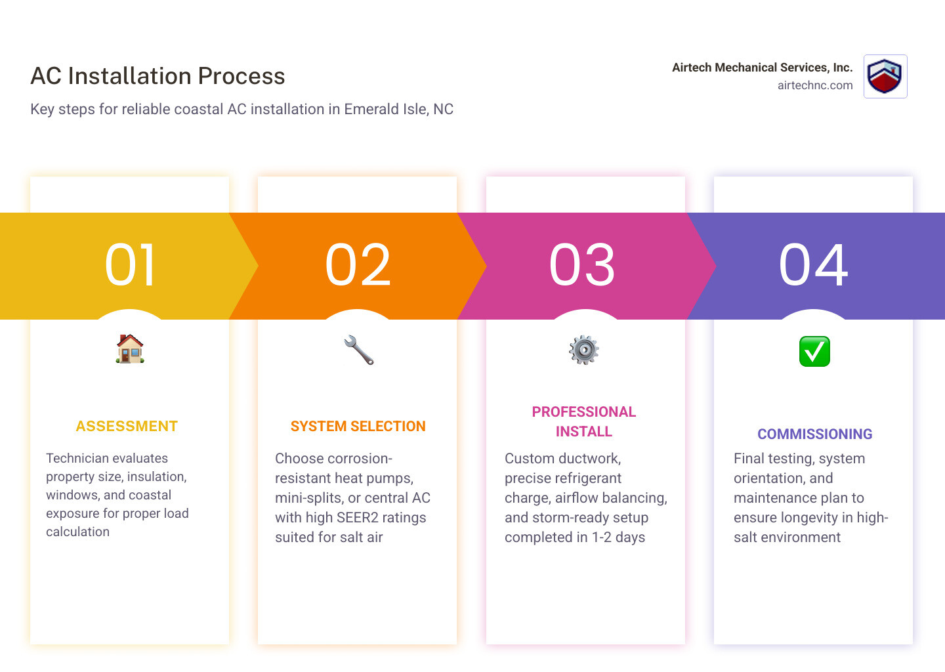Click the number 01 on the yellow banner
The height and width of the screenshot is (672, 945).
131,265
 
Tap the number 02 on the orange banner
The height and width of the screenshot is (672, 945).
358,265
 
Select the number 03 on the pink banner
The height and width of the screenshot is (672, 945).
583,265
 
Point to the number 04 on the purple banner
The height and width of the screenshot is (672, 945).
814,265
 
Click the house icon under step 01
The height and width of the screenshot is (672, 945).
130,349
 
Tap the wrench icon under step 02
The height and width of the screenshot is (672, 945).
358,350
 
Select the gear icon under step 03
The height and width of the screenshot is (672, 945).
584,350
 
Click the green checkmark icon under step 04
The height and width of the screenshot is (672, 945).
814,352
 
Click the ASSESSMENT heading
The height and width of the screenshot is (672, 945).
127,427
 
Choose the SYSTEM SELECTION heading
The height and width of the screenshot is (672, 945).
358,427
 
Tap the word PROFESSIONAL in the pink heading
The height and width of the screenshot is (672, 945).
583,412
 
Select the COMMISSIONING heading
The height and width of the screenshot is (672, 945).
814,434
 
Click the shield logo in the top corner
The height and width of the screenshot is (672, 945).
885,76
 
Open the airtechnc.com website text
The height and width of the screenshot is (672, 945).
815,85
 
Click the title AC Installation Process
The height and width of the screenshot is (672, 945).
157,76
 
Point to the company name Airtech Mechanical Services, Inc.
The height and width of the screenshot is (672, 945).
762,68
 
